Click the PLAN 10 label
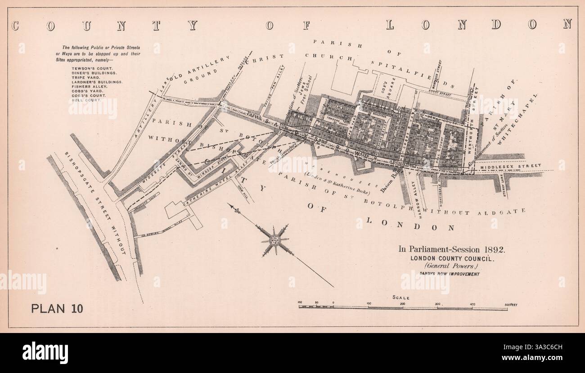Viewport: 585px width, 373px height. coord(57,308)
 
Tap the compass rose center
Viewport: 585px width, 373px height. coord(274,240)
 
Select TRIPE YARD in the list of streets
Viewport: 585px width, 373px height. coord(83,77)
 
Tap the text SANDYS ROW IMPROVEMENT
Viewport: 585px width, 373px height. coord(451,274)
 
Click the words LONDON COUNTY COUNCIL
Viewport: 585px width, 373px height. coord(451,258)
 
